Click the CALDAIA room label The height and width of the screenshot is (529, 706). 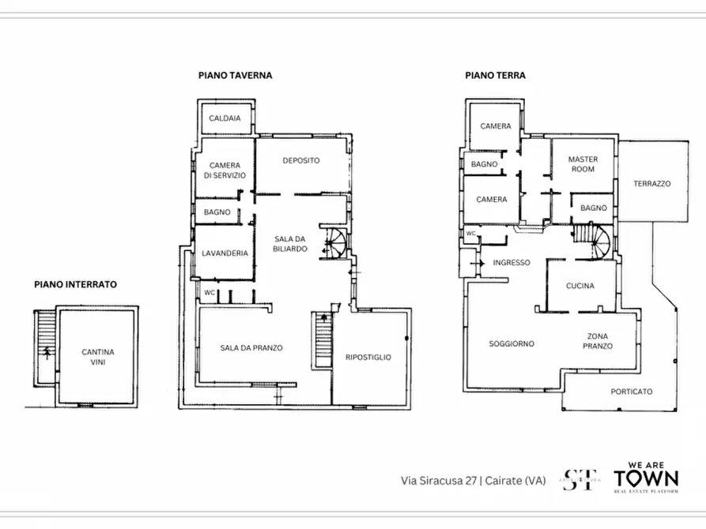(225, 119)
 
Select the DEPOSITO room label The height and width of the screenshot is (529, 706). (301, 161)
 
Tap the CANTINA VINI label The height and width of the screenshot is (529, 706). (98, 357)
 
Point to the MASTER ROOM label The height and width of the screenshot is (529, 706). (583, 164)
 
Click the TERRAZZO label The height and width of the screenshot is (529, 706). (651, 184)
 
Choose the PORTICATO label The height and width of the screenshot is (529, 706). (632, 392)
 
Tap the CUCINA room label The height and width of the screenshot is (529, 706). (580, 286)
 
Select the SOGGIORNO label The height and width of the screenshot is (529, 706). (511, 343)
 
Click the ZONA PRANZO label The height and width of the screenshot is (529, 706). (597, 341)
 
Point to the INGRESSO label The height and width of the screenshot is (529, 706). (511, 263)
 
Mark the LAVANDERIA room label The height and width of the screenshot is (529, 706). (225, 253)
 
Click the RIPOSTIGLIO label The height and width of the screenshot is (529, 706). (368, 358)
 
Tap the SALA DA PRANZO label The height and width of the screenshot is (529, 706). (251, 348)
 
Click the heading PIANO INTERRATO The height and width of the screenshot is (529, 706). (75, 283)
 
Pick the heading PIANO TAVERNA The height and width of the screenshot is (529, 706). (235, 76)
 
